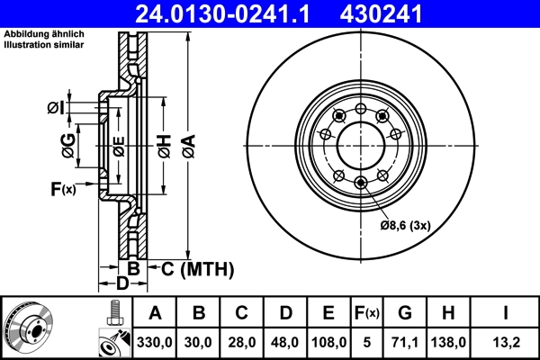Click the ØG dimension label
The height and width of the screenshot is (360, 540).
click(67, 141)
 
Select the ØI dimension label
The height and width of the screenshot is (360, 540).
click(57, 109)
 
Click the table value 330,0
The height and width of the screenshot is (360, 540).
click(155, 341)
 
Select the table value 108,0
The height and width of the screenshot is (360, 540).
click(328, 341)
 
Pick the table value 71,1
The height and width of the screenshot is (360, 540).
click(404, 341)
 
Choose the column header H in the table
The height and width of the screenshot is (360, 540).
click(447, 313)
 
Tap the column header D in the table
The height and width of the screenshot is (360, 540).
click(285, 313)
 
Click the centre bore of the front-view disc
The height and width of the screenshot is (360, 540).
click(357, 144)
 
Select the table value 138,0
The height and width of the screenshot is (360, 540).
click(447, 341)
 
